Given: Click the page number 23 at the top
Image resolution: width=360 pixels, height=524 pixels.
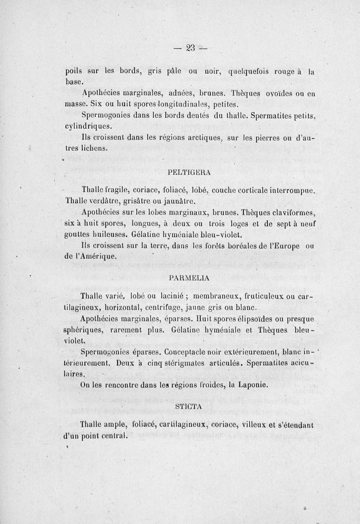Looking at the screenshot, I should coord(190,48).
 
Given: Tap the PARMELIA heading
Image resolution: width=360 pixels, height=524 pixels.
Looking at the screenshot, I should coord(188,278).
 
